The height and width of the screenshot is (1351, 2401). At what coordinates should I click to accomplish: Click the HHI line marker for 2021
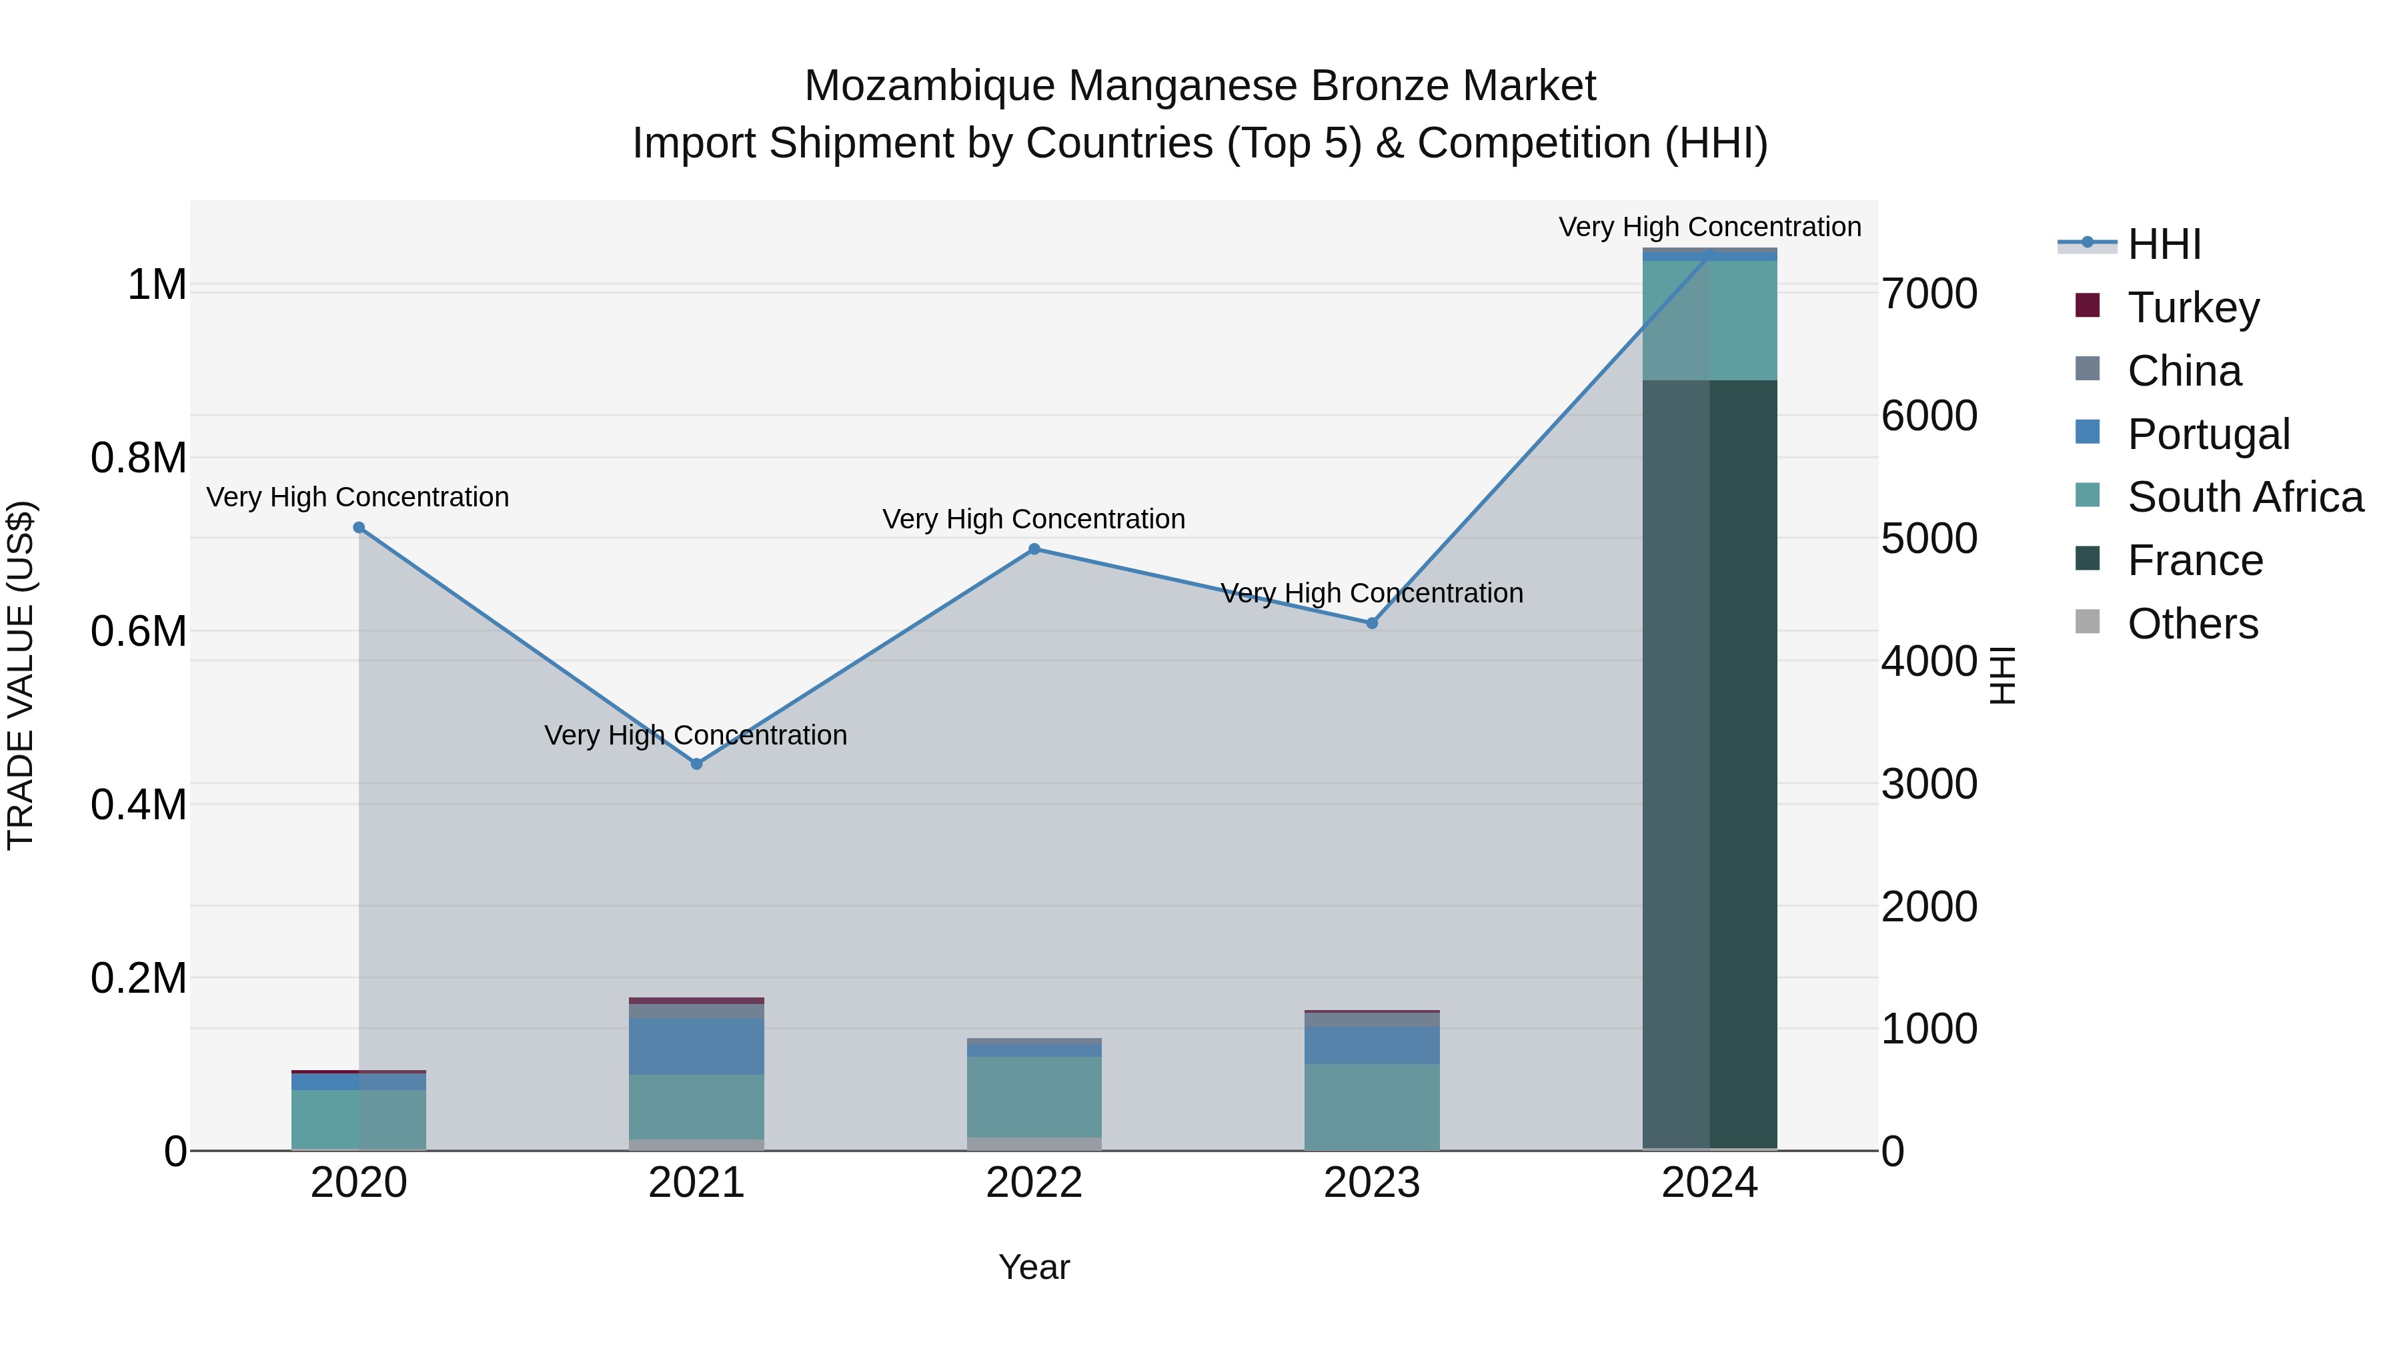click(696, 764)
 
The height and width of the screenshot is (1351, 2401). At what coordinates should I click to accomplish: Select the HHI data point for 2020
click(359, 528)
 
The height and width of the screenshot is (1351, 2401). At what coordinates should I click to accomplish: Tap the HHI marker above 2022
click(1034, 549)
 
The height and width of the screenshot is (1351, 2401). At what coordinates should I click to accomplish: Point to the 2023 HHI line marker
click(1372, 623)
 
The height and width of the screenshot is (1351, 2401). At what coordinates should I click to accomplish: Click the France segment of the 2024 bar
click(1709, 765)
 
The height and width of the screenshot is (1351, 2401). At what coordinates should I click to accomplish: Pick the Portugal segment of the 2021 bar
click(696, 1046)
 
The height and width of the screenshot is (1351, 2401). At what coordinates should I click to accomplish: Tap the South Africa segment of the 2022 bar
click(1034, 1096)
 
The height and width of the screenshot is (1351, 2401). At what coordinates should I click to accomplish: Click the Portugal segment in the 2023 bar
click(1372, 1045)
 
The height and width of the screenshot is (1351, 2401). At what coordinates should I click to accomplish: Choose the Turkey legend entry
click(2193, 308)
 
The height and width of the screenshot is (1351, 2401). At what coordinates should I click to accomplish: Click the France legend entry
click(2195, 560)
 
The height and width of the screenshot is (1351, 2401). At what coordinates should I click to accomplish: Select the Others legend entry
click(2192, 624)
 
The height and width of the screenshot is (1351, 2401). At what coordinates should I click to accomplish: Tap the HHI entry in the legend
click(2164, 244)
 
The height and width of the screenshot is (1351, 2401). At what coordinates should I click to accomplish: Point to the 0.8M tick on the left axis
click(139, 458)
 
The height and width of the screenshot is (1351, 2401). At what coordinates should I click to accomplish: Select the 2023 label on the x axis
click(1372, 1183)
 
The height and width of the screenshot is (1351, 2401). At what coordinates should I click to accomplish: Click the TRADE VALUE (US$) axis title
click(21, 675)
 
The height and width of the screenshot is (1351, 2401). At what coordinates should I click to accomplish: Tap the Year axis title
click(1034, 1267)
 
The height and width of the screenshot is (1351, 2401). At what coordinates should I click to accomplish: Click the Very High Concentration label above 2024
click(1709, 227)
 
